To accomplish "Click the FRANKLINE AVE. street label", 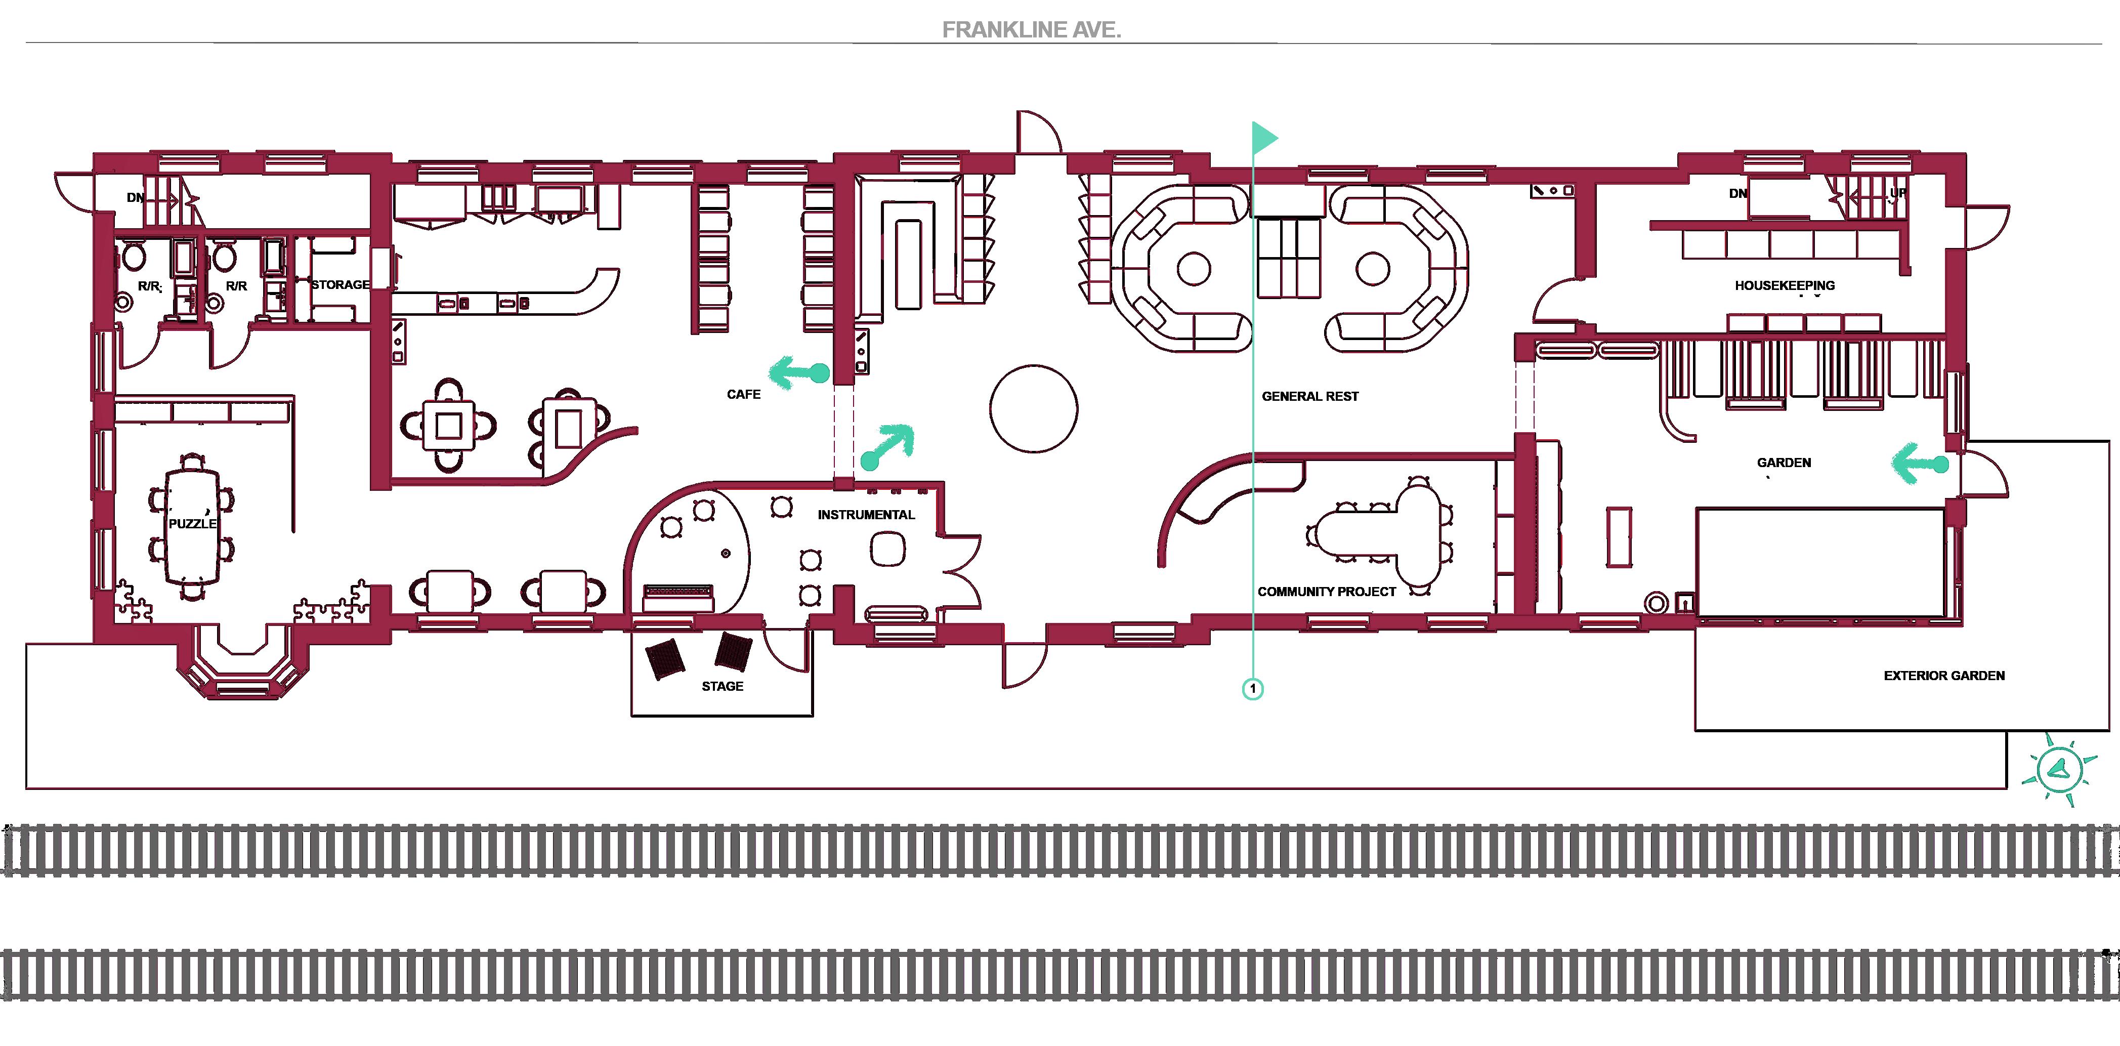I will pos(1031,30).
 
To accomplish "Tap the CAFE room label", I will pos(743,394).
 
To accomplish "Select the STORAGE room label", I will pos(340,285).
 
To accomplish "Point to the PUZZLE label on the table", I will pos(192,523).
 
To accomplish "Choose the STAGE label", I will pos(722,686).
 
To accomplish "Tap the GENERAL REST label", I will pos(1309,396).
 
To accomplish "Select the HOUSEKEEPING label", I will pos(1784,285).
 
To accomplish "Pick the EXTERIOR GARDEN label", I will pos(1944,675).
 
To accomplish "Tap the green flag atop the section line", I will pos(1263,138).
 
